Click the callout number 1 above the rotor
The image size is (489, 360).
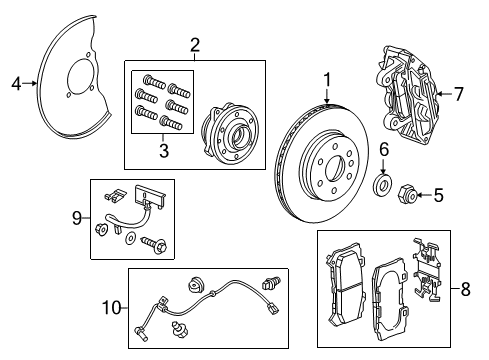pyautogui.click(x=326, y=80)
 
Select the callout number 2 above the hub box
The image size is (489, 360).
pyautogui.click(x=195, y=44)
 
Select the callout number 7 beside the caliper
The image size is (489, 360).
pyautogui.click(x=459, y=94)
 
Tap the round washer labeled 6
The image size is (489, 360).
pyautogui.click(x=381, y=186)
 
